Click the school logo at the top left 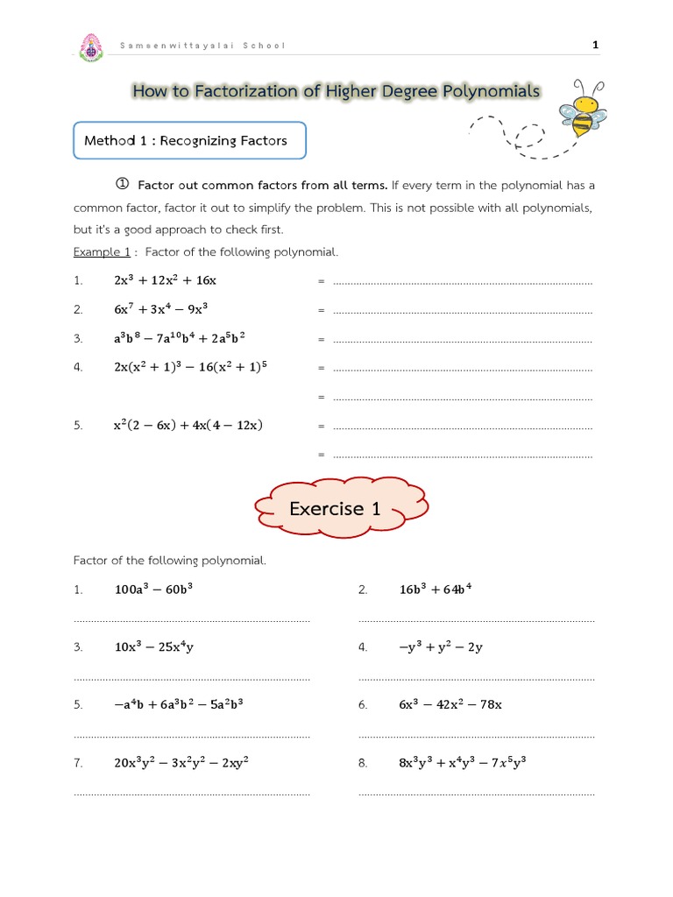[90, 47]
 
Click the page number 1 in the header [596, 45]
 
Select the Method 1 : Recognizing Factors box [189, 140]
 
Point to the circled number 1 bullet [123, 184]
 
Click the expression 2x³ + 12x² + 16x [165, 280]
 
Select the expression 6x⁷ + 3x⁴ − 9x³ [160, 309]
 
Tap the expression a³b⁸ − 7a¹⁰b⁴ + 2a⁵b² [179, 338]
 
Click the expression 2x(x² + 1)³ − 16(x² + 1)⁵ [189, 367]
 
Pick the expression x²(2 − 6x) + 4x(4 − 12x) [188, 426]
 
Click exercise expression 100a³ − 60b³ [153, 590]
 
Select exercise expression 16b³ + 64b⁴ [436, 590]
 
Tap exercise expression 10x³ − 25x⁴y [153, 647]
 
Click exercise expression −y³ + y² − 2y [440, 647]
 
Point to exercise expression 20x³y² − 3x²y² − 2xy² [181, 763]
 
